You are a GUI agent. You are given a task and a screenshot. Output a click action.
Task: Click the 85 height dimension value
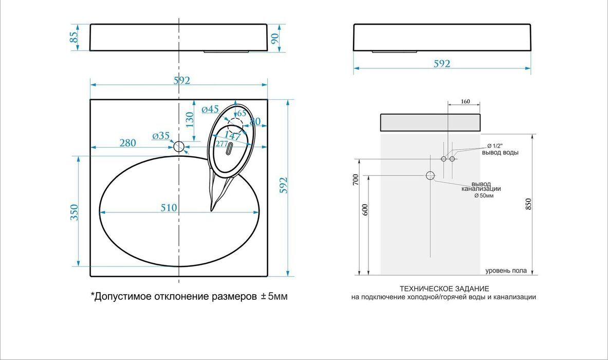click(x=73, y=37)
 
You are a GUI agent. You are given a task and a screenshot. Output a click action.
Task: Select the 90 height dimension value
click(x=274, y=38)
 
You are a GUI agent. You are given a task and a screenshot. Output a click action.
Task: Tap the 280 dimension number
click(x=127, y=143)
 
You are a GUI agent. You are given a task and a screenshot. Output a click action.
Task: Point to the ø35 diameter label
click(x=161, y=135)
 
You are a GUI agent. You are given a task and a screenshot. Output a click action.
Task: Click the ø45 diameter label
click(x=210, y=110)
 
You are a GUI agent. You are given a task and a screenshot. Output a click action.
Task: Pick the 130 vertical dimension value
click(x=189, y=120)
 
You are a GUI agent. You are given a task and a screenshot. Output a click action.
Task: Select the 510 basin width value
click(x=169, y=208)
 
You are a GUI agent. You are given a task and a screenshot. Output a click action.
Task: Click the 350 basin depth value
click(x=73, y=212)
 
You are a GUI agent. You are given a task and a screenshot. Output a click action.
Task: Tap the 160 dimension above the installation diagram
click(x=465, y=102)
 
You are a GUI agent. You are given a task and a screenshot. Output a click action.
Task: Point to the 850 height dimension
click(x=528, y=204)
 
